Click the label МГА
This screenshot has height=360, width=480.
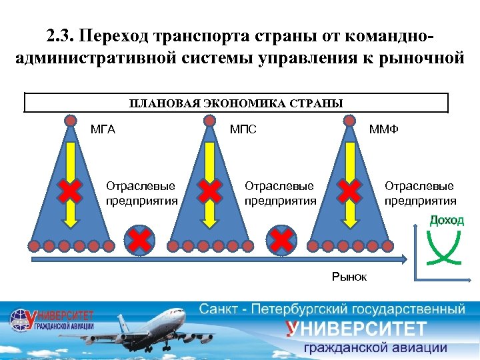pos(103,129)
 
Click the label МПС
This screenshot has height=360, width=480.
pos(243,129)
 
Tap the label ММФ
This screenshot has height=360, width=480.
pos(384,129)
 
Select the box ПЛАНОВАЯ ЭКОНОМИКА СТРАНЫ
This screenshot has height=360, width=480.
pos(236,103)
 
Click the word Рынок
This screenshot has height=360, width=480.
pos(349,276)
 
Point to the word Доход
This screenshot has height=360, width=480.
pos(446,221)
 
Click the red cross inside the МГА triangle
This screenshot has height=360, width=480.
pos(69,192)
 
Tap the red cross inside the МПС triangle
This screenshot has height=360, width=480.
pos(209,192)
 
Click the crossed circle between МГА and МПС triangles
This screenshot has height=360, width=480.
pos(139,240)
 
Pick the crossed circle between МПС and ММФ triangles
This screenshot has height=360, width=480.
pos(281,240)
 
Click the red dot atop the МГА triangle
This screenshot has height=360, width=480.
pos(69,121)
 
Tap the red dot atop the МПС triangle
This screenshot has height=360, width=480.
pos(209,121)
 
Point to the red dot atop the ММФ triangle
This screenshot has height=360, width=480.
pos(349,121)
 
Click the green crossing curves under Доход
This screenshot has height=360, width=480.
pos(446,249)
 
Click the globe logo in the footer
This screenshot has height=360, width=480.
pos(19,320)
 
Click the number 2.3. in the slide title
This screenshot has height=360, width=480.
pos(64,35)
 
